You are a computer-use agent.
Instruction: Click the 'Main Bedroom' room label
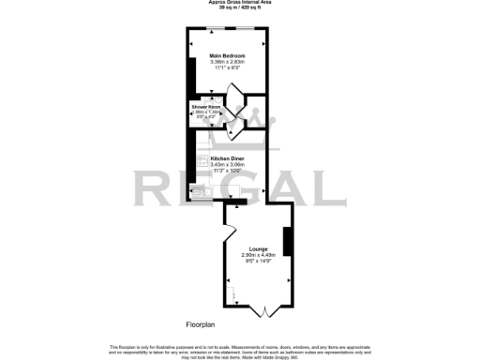pyautogui.click(x=227, y=56)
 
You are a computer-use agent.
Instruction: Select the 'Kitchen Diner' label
pyautogui.click(x=227, y=159)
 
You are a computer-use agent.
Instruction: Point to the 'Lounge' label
pyautogui.click(x=258, y=248)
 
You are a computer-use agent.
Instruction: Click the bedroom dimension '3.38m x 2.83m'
pyautogui.click(x=227, y=63)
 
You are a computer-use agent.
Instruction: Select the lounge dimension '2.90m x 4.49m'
pyautogui.click(x=258, y=255)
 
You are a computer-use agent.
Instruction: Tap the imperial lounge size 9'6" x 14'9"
pyautogui.click(x=258, y=262)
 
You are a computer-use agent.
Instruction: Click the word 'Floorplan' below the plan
pyautogui.click(x=201, y=323)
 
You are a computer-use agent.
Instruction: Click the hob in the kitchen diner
pyautogui.click(x=202, y=161)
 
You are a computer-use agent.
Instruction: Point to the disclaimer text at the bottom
pyautogui.click(x=240, y=350)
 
